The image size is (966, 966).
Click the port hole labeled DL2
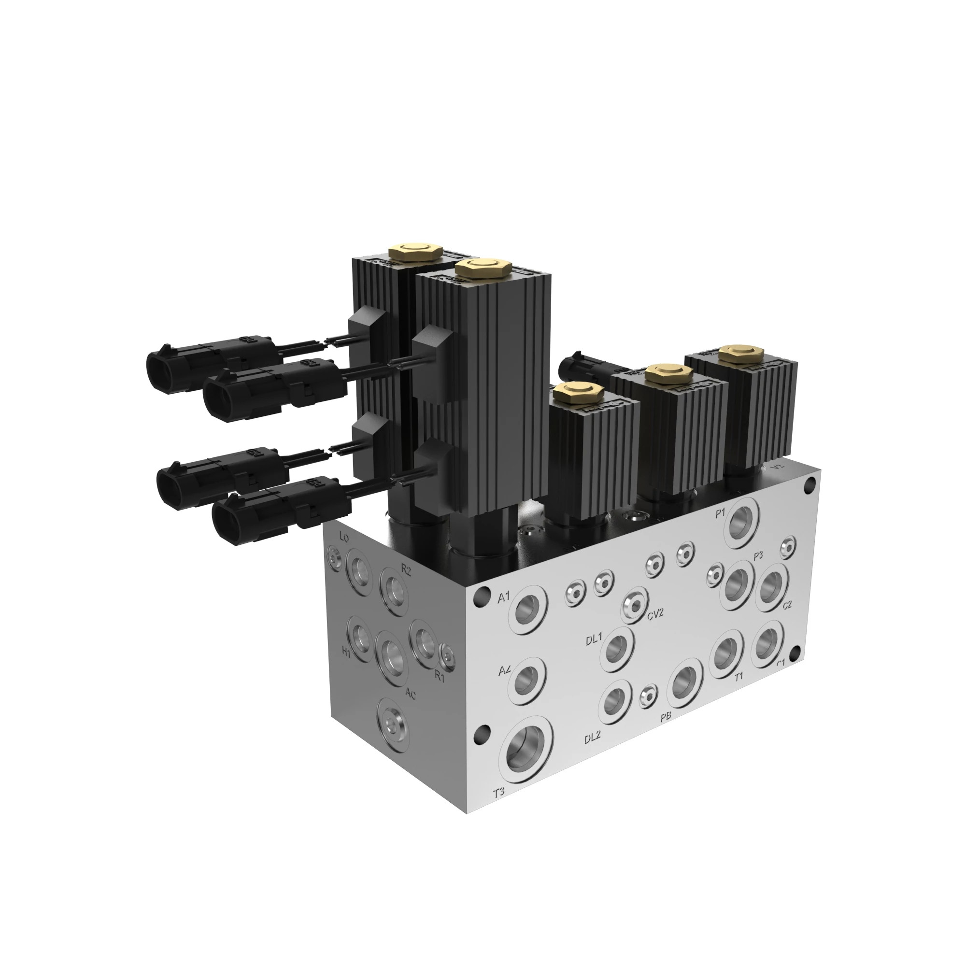[x=615, y=703]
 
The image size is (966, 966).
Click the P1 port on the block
[x=742, y=526]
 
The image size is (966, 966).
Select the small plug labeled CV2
[x=635, y=606]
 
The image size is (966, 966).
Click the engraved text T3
[x=499, y=793]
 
